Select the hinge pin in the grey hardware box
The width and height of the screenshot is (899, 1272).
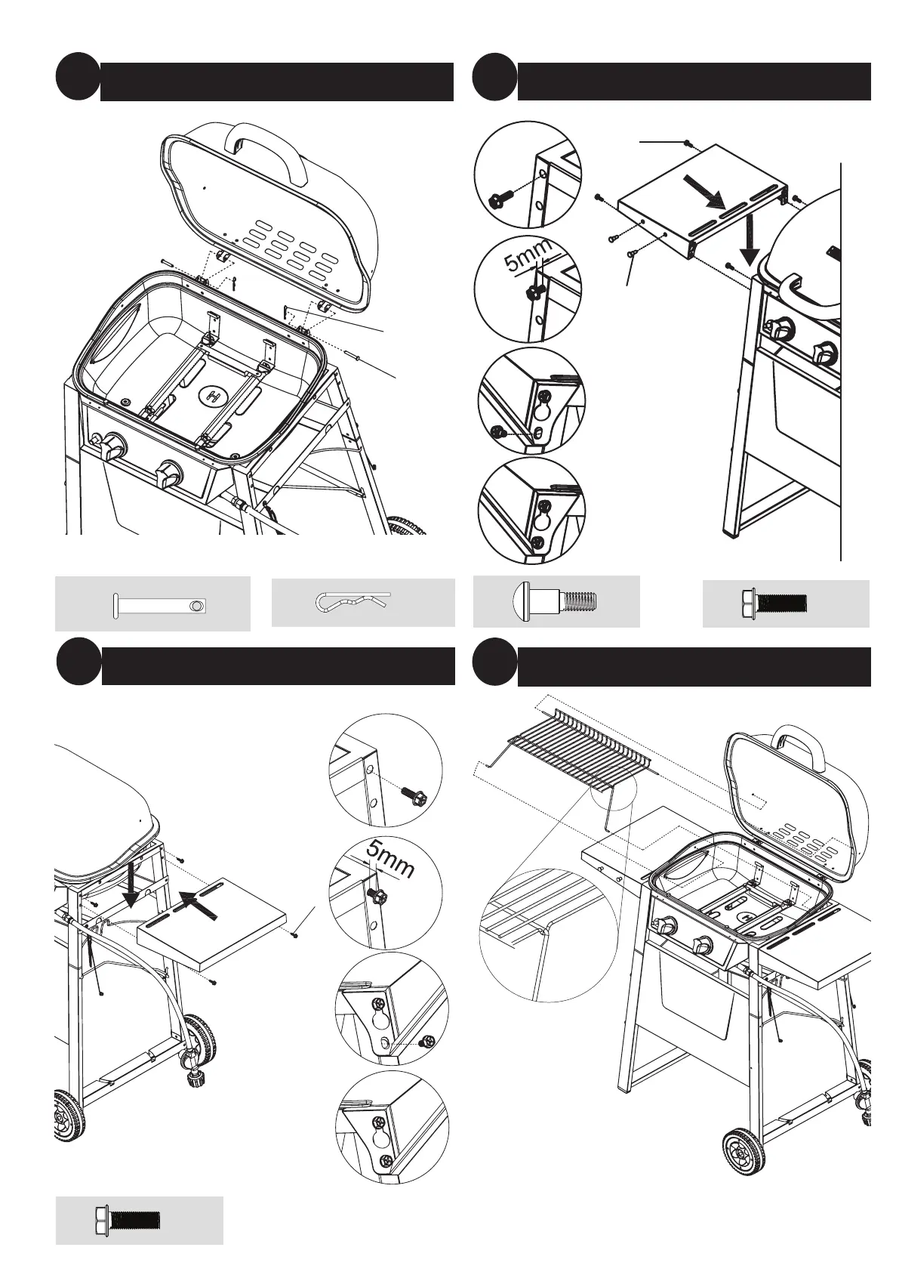(160, 604)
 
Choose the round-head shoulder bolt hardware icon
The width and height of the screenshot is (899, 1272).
(555, 602)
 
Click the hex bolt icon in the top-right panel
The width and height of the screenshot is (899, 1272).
(774, 603)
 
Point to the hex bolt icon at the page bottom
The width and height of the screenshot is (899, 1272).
(128, 1218)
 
